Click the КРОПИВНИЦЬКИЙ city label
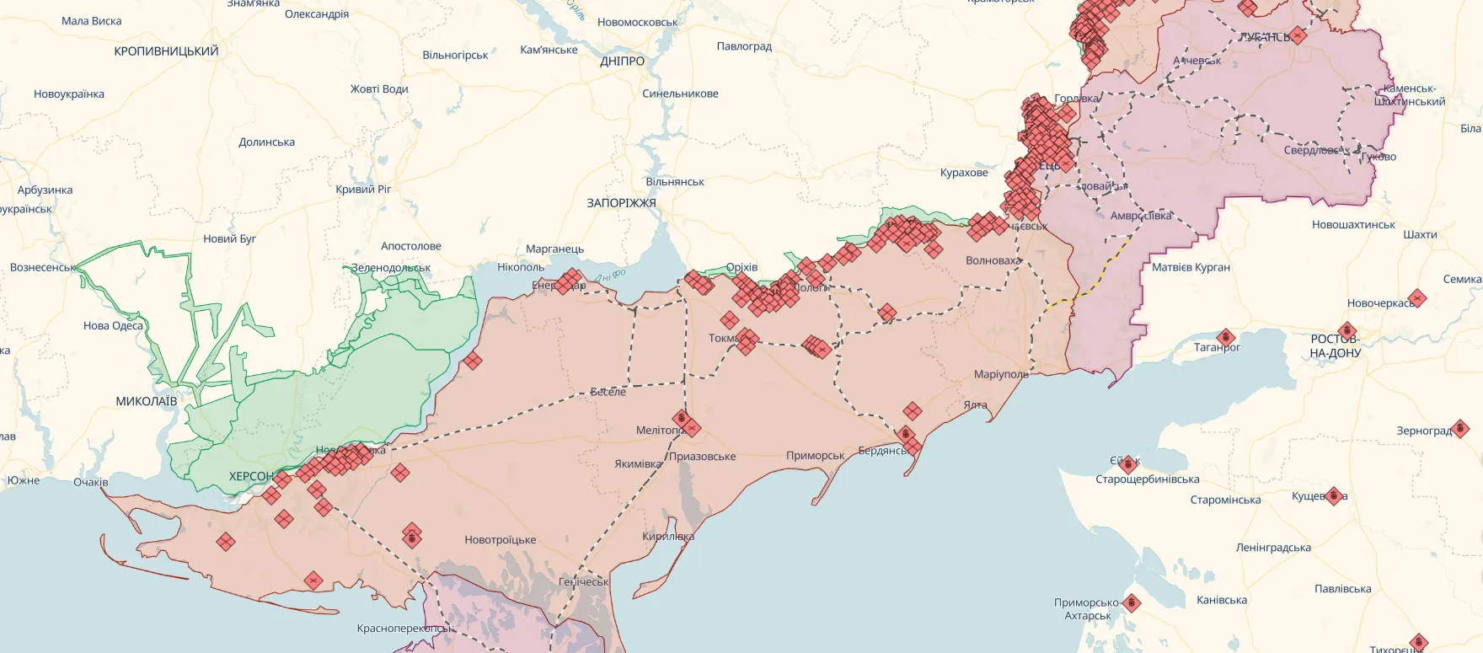pos(166,51)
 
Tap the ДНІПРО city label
pos(622,62)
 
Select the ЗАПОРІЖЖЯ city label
pos(621,203)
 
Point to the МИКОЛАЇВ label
pos(147,401)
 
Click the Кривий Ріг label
pos(363,189)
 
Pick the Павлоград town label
pos(744,46)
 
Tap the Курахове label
pos(964,173)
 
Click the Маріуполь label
pos(1001,374)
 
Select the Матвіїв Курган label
pos(1191,267)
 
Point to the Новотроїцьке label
pos(500,540)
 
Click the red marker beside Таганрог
pos(1226,338)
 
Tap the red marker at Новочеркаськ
pos(1417,298)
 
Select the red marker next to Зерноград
pos(1461,429)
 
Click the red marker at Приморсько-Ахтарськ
pos(1132,603)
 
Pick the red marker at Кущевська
pos(1333,496)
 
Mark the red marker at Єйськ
pos(1128,463)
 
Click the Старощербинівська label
pos(1147,479)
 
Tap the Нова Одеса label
pos(113,326)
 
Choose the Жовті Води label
pos(379,89)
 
